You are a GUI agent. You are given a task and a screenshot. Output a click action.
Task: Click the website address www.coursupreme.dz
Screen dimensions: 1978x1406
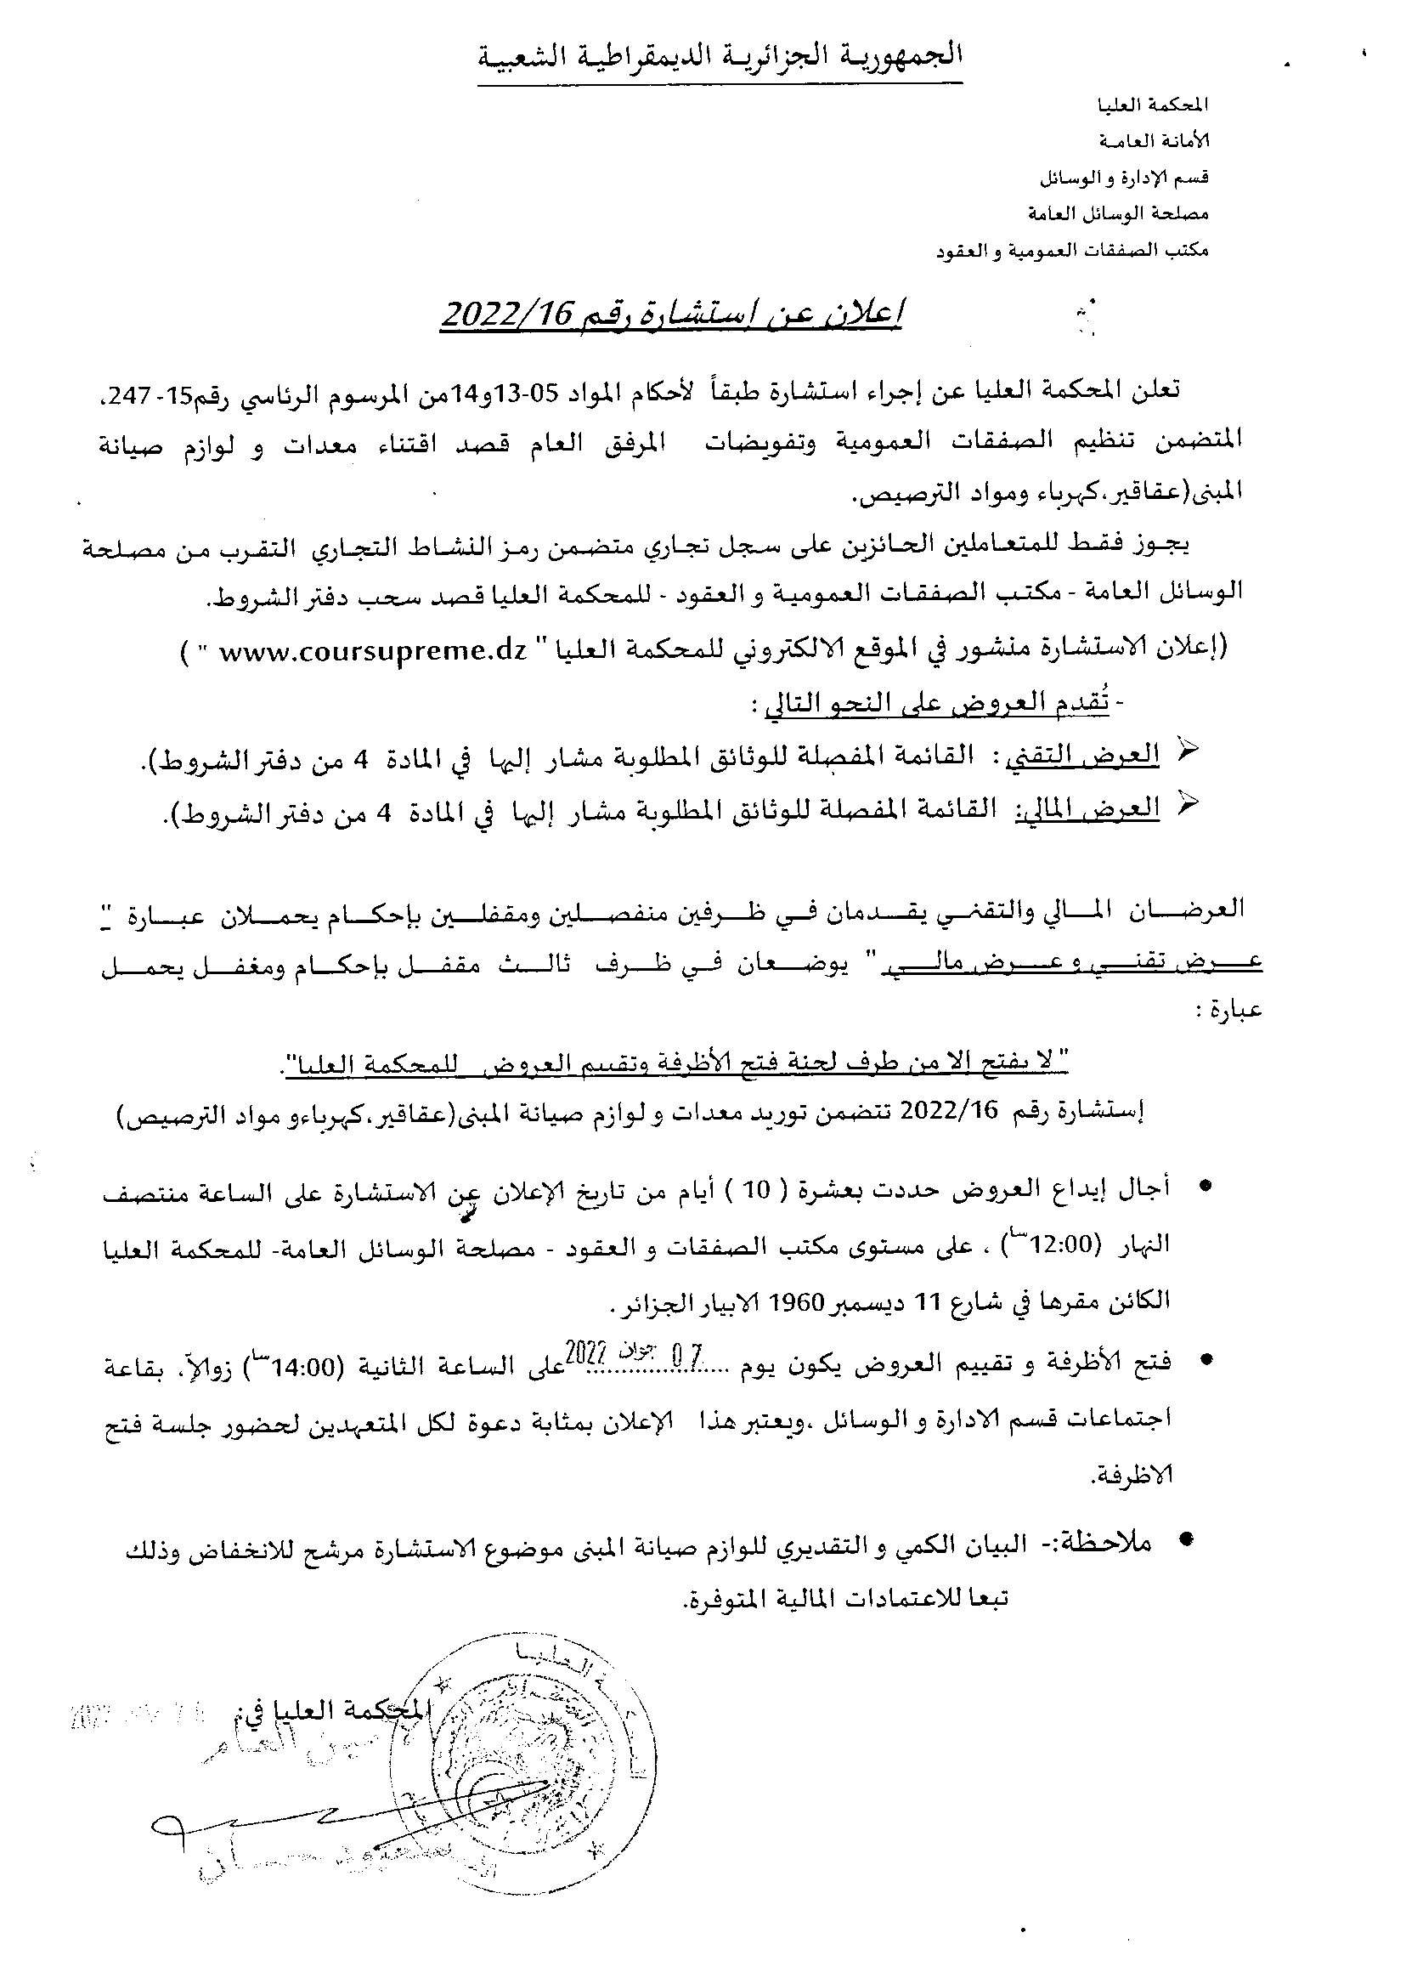tap(372, 654)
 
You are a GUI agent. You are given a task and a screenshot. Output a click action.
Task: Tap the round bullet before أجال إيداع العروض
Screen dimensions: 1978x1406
tap(1203, 1189)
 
